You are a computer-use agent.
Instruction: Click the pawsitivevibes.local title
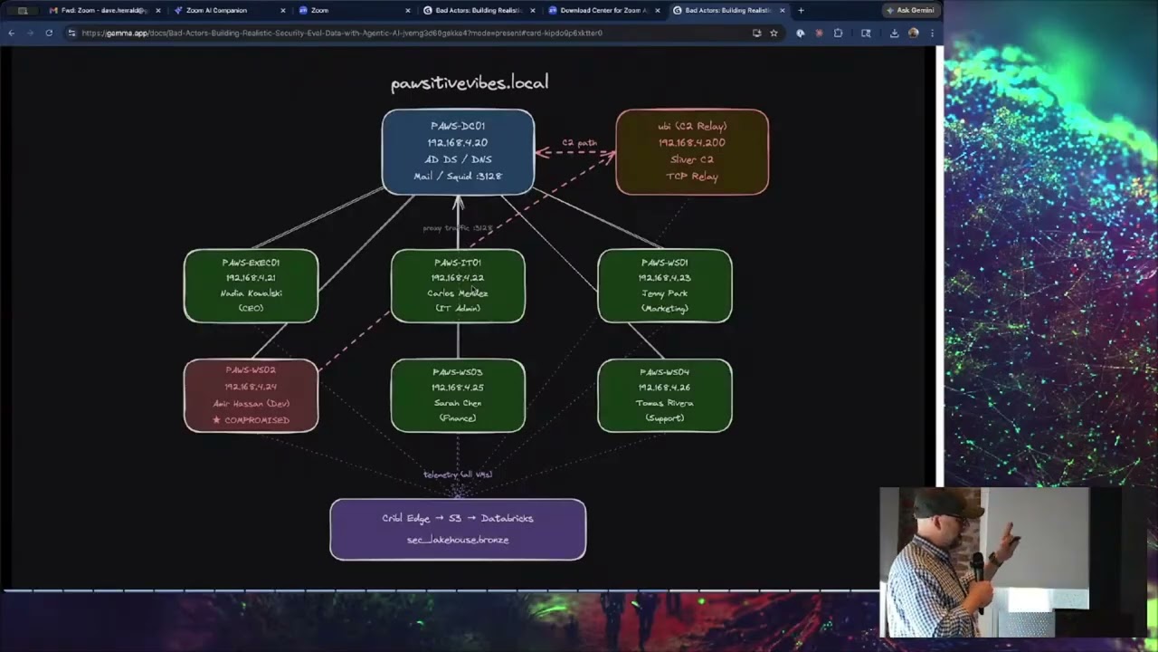point(470,83)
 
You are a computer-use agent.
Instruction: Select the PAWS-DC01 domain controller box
point(458,151)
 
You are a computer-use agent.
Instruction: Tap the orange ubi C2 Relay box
point(692,151)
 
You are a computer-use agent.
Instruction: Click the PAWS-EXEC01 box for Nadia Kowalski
point(251,285)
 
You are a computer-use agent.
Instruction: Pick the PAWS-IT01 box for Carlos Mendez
point(458,285)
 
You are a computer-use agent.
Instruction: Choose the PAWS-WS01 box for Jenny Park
point(665,285)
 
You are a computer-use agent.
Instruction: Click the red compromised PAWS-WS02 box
point(251,395)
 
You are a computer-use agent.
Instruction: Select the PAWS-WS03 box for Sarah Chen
point(458,395)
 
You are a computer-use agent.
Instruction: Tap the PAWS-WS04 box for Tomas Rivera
point(665,395)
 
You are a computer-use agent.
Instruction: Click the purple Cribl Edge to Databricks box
point(458,529)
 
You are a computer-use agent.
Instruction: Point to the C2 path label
point(580,143)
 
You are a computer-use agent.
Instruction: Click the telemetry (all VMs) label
point(458,475)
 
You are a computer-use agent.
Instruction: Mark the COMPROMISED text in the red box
point(257,420)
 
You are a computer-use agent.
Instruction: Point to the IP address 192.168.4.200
point(692,143)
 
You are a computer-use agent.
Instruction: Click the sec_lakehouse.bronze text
point(458,540)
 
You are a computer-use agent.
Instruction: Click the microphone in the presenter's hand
point(977,566)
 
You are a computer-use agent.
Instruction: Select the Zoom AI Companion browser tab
point(217,11)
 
